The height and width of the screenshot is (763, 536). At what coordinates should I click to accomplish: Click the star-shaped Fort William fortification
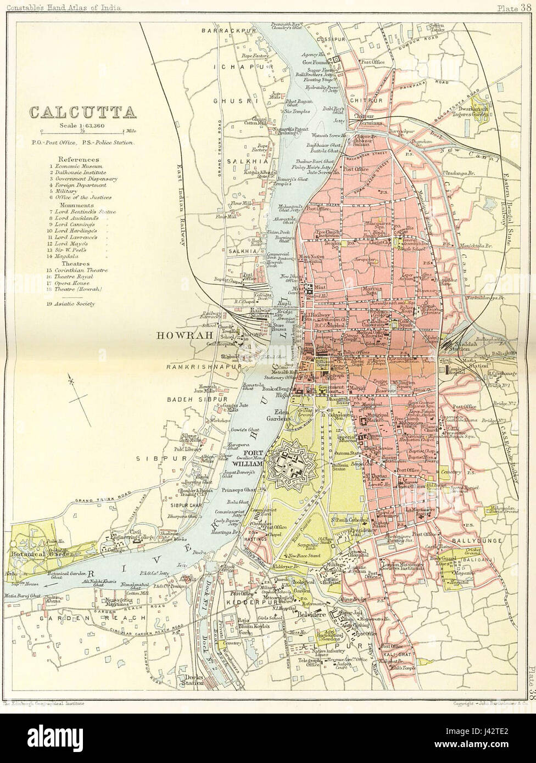coord(287,461)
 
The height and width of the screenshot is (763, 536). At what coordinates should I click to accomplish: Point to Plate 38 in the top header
coord(516,7)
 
